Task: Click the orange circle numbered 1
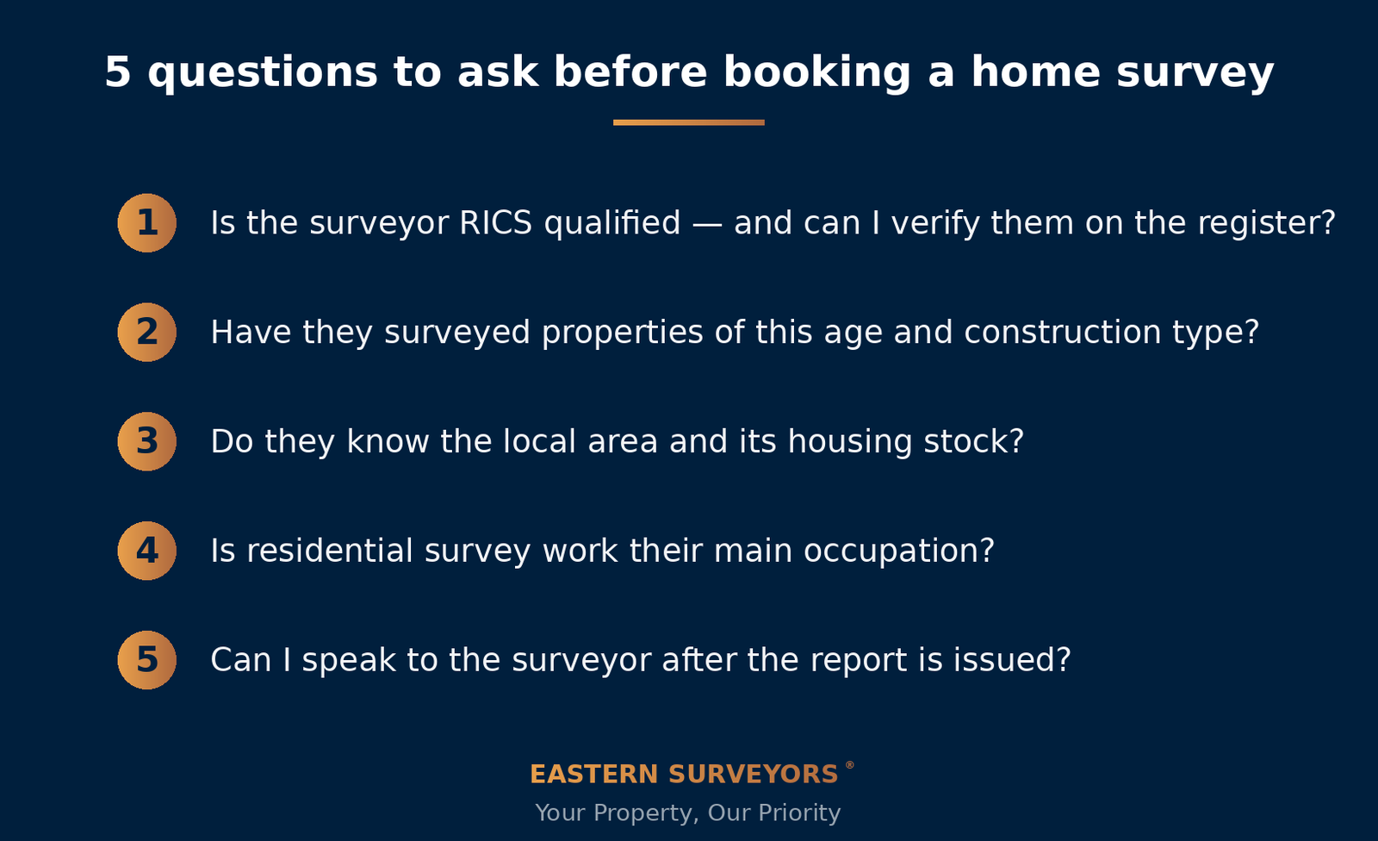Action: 147,223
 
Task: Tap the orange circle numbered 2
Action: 147,332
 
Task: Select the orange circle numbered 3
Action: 147,441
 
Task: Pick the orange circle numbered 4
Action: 147,551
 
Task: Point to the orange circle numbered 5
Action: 147,660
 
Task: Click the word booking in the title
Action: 817,73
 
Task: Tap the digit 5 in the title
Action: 117,72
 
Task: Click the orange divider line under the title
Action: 689,122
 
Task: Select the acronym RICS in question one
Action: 496,223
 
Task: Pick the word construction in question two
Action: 1063,333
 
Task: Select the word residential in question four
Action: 329,551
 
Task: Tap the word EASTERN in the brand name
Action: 594,775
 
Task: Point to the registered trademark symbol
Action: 849,765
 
